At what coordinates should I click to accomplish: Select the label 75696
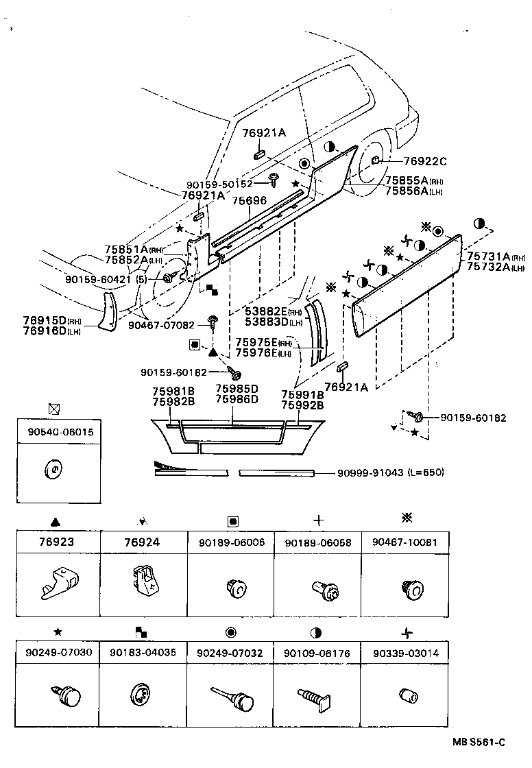coord(248,200)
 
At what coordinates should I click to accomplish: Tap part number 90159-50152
coord(219,184)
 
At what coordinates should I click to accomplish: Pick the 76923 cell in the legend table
coord(58,541)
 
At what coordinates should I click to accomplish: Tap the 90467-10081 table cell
coord(404,541)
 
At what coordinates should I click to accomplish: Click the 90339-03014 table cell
coord(404,653)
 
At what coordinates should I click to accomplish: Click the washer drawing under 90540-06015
coord(53,469)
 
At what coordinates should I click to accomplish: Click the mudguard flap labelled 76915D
coord(106,311)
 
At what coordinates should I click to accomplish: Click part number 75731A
coord(487,256)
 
